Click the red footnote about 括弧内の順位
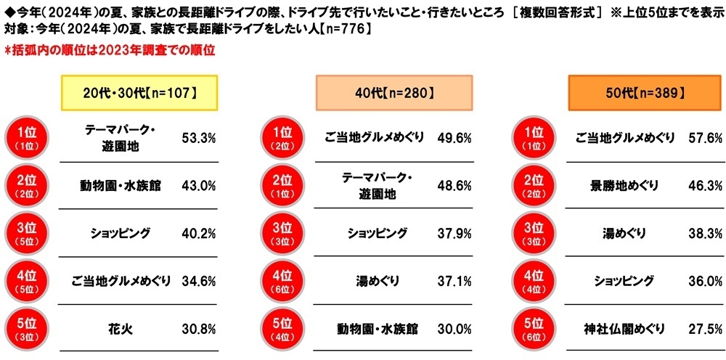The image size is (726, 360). coord(109,51)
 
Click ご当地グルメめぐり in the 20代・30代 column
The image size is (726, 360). coord(119,281)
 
